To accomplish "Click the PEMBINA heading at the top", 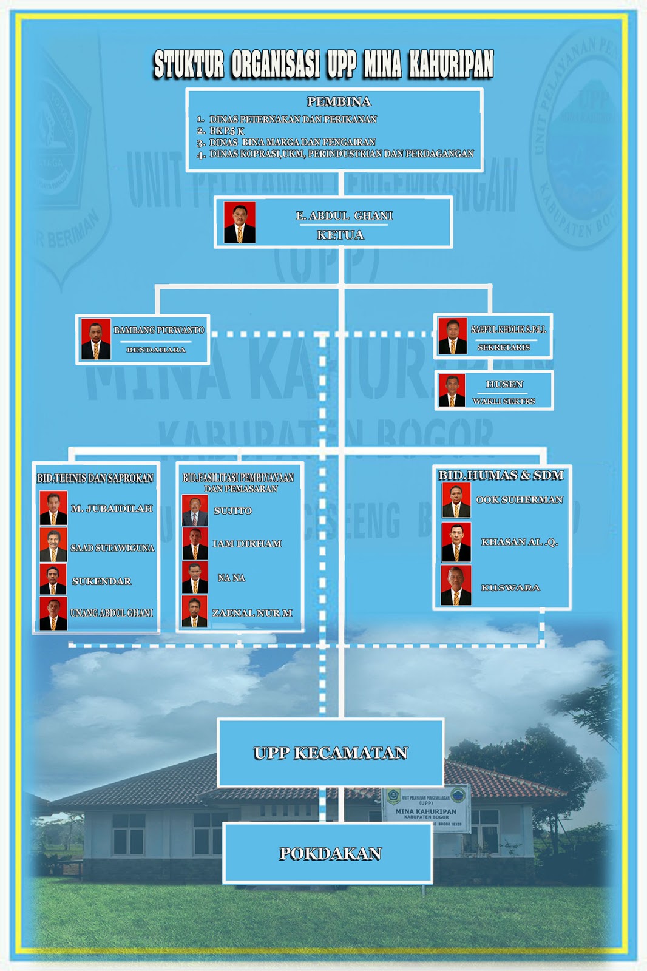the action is point(339,101).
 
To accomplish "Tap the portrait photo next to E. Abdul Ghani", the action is point(240,223).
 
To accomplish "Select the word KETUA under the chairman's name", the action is point(340,235).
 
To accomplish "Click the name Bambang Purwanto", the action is point(159,330).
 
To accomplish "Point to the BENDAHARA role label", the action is point(156,350).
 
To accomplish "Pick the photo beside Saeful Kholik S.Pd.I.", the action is point(453,336).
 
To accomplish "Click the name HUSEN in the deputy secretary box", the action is point(504,384).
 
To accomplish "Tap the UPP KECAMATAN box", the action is point(331,753).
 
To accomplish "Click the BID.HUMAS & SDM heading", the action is point(501,475).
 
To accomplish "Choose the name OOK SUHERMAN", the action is point(519,499).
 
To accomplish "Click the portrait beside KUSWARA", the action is point(456,586).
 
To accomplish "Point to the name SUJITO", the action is point(232,510).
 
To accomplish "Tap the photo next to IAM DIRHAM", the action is point(195,543).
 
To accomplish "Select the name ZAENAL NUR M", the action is point(252,613).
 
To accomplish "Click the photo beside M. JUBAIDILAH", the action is point(53,508).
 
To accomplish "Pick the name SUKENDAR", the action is point(101,581).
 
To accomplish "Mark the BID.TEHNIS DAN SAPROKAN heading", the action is point(95,478).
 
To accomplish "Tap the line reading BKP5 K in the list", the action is point(227,130).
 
